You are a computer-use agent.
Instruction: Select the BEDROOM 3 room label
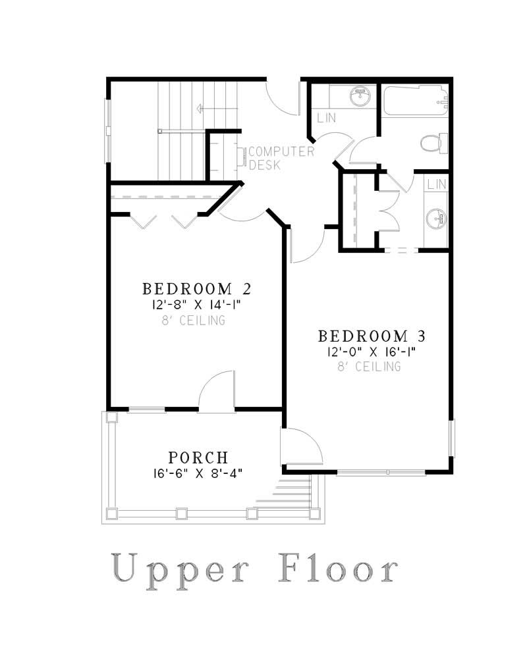[372, 336]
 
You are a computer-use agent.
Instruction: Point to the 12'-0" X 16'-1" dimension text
[372, 352]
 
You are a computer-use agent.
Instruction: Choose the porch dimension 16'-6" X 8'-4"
[198, 473]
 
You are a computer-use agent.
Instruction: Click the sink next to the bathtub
[359, 96]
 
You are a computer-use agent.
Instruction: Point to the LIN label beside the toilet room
[327, 118]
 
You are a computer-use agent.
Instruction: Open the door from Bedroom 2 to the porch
[216, 394]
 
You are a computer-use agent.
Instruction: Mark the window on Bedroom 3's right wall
[451, 438]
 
